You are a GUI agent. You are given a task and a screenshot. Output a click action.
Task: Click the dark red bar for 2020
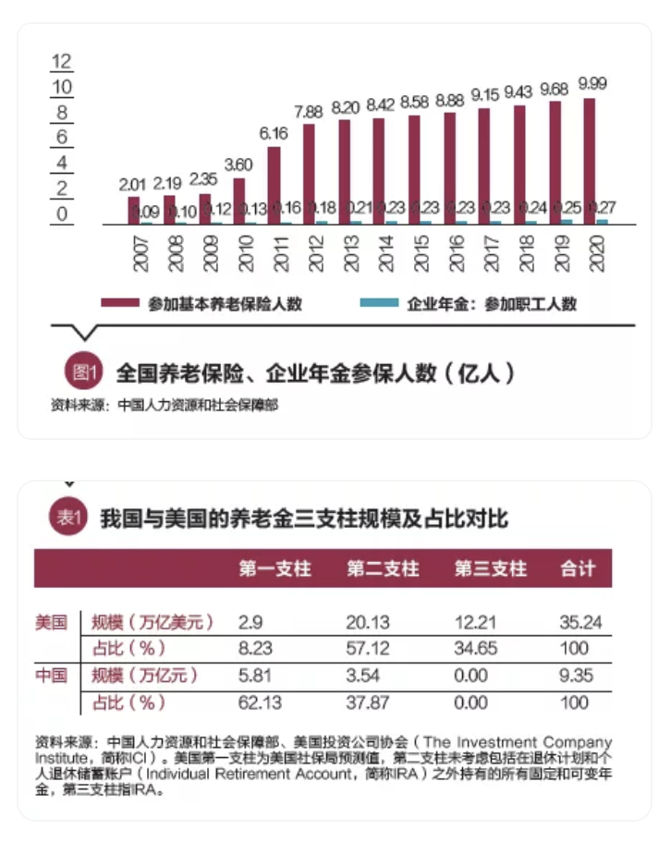[x=590, y=161]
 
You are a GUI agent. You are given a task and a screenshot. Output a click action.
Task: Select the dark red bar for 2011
[x=274, y=185]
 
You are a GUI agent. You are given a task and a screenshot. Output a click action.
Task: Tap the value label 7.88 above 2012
[x=309, y=112]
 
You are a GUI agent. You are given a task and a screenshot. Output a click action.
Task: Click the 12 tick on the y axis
[x=61, y=63]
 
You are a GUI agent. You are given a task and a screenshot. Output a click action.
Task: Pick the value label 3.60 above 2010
[x=238, y=165]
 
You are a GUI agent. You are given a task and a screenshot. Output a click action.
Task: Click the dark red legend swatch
[x=120, y=303]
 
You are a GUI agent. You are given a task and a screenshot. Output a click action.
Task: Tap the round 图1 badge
[x=83, y=373]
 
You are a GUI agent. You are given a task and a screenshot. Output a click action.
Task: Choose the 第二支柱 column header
[x=383, y=568]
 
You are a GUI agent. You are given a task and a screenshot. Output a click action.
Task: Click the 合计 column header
[x=579, y=568]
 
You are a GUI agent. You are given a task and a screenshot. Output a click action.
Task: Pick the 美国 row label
[x=52, y=622]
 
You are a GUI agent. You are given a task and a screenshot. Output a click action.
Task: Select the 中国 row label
[x=52, y=676]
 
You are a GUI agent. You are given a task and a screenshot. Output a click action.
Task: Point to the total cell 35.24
[x=580, y=622]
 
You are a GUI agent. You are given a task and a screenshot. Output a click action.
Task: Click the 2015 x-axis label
[x=421, y=252]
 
